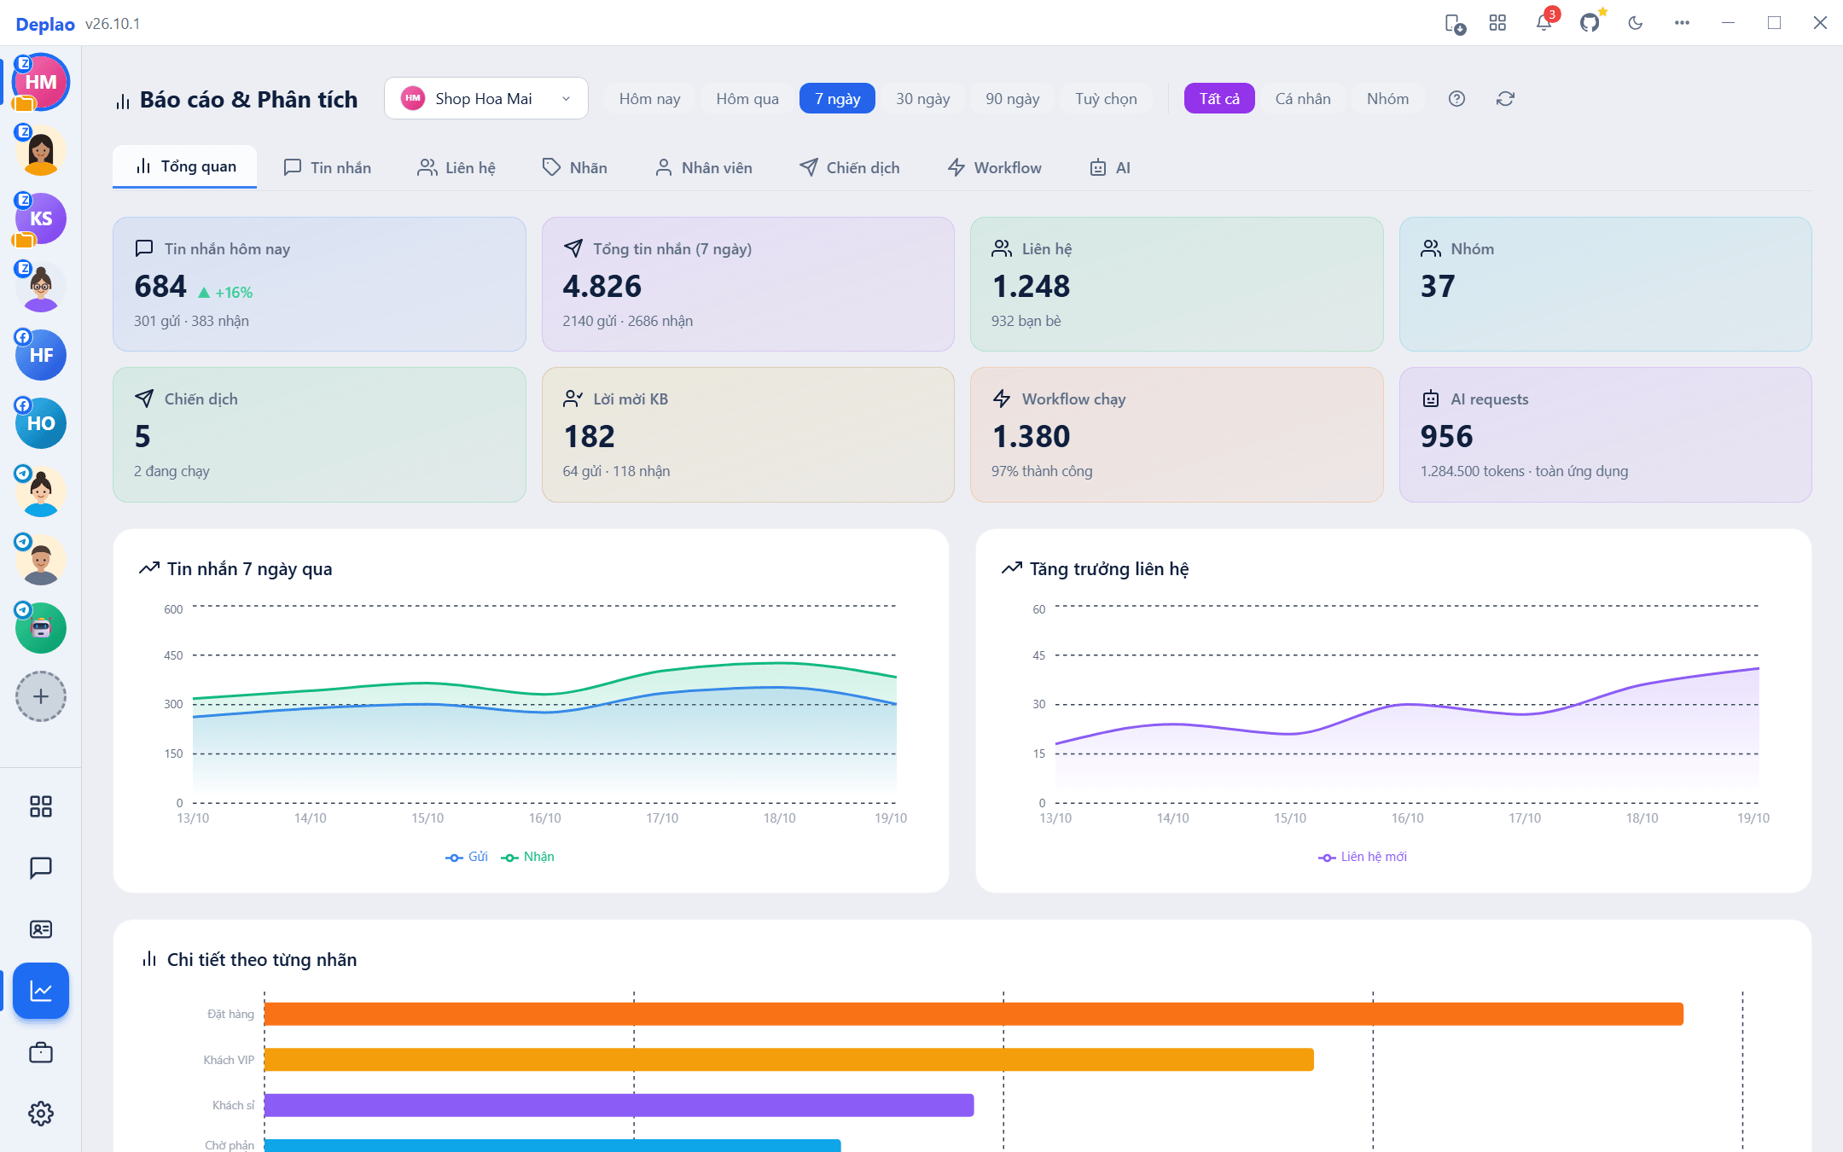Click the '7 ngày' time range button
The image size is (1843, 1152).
click(837, 99)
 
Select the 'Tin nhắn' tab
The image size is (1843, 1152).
click(328, 167)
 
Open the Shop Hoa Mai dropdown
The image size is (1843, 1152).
click(485, 99)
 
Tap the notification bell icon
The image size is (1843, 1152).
click(1544, 23)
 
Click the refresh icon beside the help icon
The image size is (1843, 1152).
click(1505, 99)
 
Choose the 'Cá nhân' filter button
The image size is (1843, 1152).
click(1303, 99)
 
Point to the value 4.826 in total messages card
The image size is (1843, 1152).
click(602, 286)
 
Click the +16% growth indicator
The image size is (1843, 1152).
click(225, 293)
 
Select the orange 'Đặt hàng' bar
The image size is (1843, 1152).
click(974, 1014)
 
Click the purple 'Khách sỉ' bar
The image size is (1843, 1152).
click(619, 1105)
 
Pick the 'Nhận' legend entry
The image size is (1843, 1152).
click(528, 857)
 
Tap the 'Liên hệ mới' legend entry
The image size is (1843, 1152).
click(1363, 857)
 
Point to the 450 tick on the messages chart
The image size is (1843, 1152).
click(173, 655)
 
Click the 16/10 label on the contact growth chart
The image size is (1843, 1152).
click(1407, 818)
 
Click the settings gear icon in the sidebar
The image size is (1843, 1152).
click(41, 1114)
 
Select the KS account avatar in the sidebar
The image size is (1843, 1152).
click(41, 218)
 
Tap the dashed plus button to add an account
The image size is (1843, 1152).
click(41, 696)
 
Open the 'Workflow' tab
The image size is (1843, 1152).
click(995, 167)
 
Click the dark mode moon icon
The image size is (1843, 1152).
click(1636, 23)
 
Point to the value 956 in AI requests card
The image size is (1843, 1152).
click(1446, 437)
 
